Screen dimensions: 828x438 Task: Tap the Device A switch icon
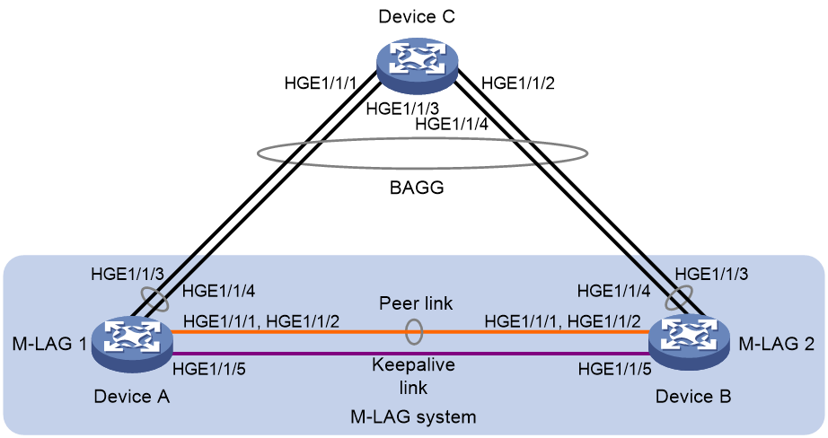132,344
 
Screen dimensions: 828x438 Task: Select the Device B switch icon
690,342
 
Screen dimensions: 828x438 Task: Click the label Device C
417,16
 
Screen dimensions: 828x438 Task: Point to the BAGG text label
417,188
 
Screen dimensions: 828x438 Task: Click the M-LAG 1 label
49,344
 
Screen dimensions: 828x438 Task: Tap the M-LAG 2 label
776,344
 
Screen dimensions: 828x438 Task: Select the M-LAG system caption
413,416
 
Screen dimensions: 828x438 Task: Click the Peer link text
416,303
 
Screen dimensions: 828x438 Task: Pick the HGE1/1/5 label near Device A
209,369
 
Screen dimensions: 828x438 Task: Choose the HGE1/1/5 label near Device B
614,369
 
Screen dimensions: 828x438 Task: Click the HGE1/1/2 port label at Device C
518,83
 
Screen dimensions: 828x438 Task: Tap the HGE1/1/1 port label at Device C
322,83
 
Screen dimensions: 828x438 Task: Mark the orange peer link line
410,332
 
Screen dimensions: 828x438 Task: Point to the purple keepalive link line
410,354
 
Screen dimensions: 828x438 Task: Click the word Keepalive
413,364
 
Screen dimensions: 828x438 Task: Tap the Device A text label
132,396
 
